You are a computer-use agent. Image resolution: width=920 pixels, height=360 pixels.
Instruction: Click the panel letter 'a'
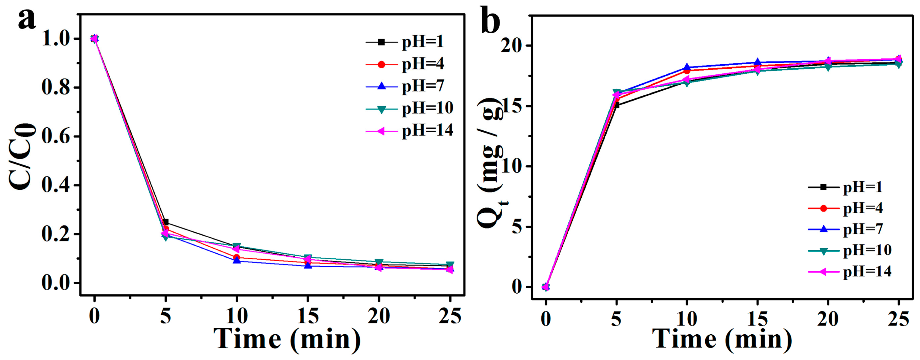pos(27,20)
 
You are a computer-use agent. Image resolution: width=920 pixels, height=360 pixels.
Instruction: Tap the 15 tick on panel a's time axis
pos(307,316)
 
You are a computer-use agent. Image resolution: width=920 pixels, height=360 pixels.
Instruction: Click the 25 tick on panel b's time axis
pos(898,319)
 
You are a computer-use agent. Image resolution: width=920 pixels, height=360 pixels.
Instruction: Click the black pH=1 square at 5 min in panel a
pos(166,222)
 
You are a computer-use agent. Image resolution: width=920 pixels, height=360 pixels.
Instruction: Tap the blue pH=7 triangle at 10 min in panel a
pos(236,260)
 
